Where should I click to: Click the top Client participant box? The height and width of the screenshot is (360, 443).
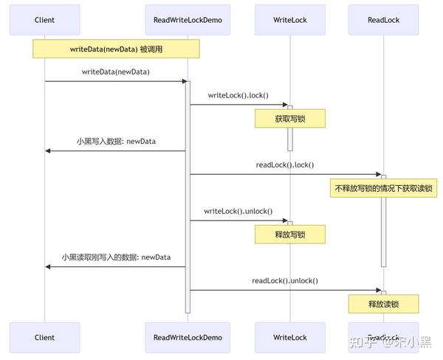click(44, 20)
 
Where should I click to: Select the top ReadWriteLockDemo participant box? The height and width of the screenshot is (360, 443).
click(188, 20)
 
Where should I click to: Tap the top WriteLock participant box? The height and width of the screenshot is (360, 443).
click(290, 20)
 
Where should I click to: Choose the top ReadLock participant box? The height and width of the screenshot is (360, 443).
click(383, 20)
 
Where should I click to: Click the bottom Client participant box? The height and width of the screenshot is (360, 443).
click(44, 338)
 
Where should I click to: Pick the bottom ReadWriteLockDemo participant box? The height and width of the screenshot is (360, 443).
click(188, 338)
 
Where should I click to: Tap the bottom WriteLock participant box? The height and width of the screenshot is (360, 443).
click(290, 338)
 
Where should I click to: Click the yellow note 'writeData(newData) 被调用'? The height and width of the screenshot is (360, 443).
click(116, 49)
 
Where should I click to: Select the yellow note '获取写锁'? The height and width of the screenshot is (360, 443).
click(290, 119)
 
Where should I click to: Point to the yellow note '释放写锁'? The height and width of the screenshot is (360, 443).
click(290, 235)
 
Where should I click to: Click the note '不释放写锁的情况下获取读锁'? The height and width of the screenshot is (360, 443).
click(383, 188)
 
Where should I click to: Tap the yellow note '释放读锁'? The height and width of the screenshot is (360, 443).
click(383, 304)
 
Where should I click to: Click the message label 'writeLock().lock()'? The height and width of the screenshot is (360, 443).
click(238, 95)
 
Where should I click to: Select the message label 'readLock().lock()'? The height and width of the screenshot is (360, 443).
click(284, 165)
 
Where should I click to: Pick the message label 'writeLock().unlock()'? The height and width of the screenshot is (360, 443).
click(238, 211)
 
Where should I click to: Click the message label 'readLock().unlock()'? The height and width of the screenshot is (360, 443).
click(284, 280)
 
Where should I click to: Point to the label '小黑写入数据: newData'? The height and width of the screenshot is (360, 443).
click(116, 141)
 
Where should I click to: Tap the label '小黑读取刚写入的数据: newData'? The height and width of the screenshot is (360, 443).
click(116, 257)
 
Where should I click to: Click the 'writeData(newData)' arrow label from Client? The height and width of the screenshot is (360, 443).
click(116, 72)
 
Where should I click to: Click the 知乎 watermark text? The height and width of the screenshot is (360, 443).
click(361, 342)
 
